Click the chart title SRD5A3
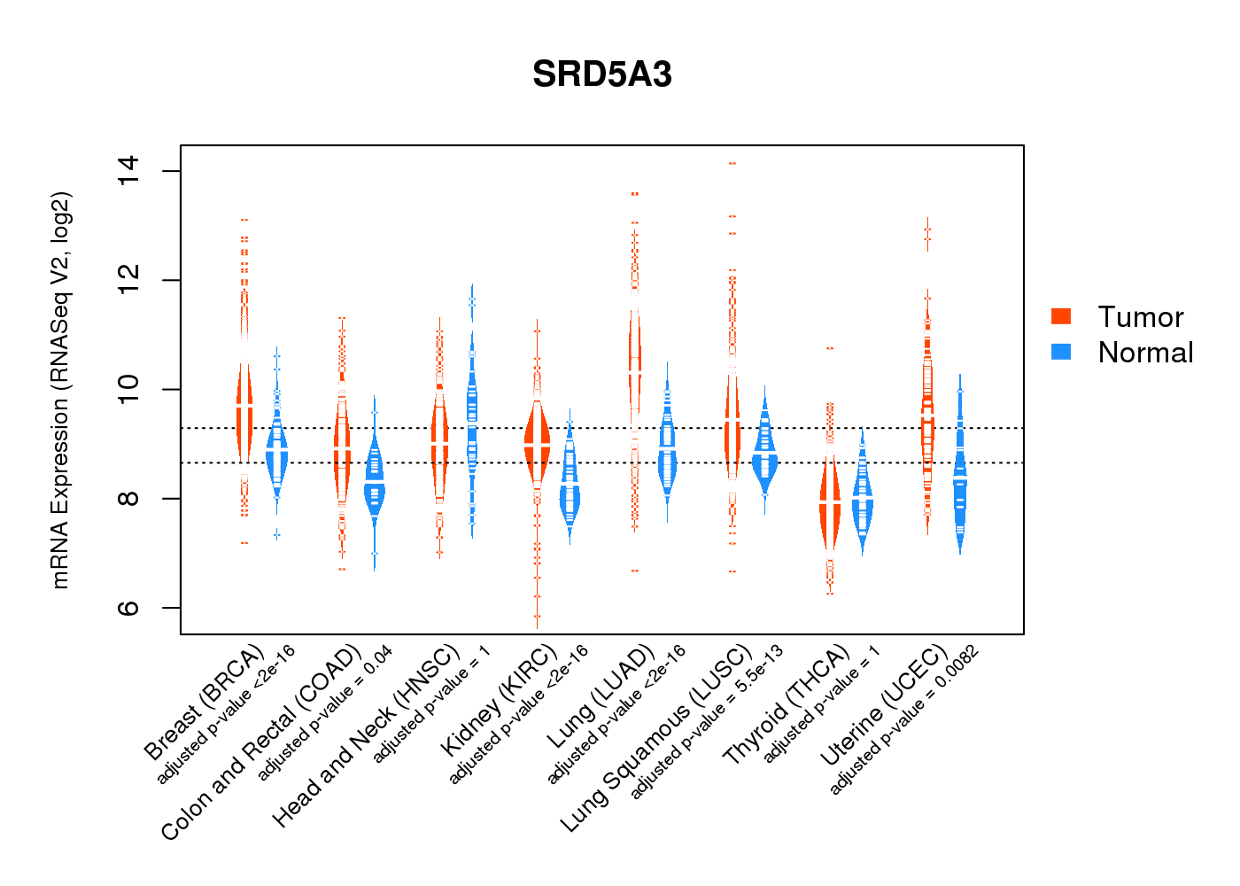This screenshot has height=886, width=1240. click(602, 74)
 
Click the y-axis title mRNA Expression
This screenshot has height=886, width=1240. click(60, 390)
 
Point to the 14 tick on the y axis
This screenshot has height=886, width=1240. click(128, 170)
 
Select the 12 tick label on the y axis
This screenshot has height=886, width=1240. click(128, 280)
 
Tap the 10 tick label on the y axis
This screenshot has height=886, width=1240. click(128, 389)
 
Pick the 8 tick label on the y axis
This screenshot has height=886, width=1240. click(128, 498)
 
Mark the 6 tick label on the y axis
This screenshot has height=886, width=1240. click(128, 608)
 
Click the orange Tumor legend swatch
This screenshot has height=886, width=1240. click(1061, 316)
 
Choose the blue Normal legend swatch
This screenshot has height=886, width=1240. click(1061, 352)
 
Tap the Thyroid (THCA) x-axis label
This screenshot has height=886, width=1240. click(786, 706)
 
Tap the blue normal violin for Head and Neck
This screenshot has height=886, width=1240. click(472, 416)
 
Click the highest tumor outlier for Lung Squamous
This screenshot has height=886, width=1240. click(732, 164)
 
